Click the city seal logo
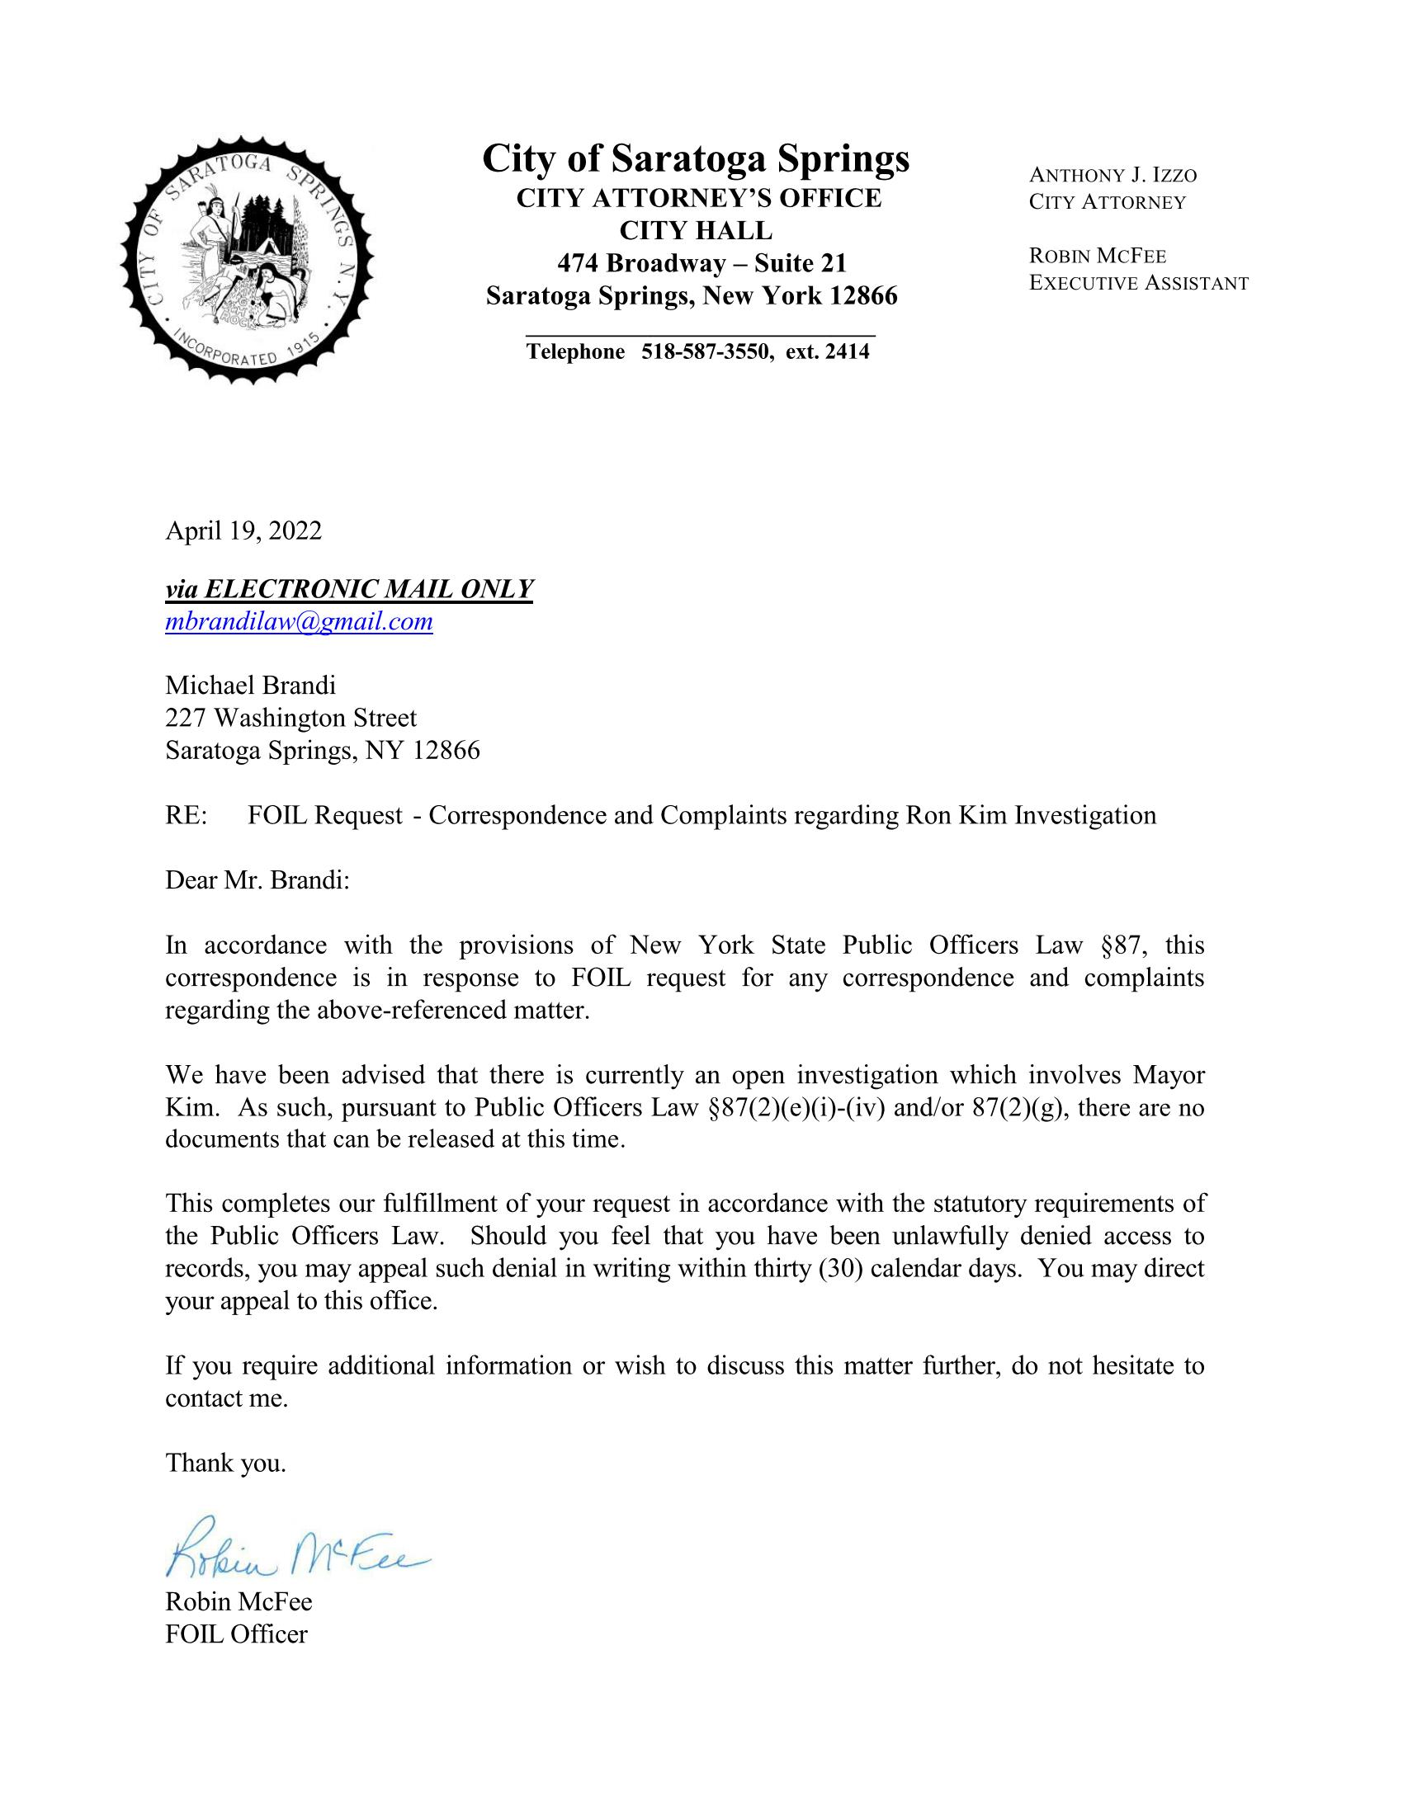[x=247, y=260]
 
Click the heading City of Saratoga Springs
[x=696, y=158]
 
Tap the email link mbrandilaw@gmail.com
[x=299, y=620]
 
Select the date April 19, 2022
[x=243, y=530]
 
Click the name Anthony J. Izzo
[x=1112, y=176]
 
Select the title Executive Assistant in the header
[x=1138, y=283]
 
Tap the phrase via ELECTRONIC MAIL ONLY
[x=348, y=588]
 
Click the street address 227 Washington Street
[x=291, y=717]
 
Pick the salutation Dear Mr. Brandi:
[x=257, y=880]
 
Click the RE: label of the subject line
[x=187, y=815]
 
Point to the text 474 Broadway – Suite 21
[x=701, y=263]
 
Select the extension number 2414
[x=847, y=351]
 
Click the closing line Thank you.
[x=225, y=1463]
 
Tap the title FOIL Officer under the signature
[x=236, y=1633]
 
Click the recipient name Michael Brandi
[x=250, y=685]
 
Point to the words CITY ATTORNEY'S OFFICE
[x=698, y=199]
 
